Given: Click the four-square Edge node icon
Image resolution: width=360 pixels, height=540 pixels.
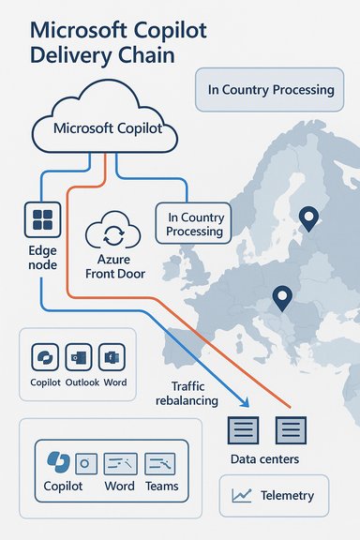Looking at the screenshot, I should point(42,221).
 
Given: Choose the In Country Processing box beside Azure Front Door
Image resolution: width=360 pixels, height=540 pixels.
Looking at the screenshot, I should point(195,224).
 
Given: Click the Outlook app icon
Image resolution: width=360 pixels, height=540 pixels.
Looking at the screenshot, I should point(77,357).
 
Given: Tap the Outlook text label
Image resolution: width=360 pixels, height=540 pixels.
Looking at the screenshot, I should point(81,383).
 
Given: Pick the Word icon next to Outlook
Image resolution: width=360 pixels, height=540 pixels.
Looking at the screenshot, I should point(114,357).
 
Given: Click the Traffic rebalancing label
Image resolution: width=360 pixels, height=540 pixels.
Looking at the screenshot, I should point(195,393).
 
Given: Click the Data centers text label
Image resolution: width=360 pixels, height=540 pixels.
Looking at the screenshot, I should point(265,458).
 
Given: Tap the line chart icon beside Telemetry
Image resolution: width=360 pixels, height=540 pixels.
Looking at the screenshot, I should point(243,494).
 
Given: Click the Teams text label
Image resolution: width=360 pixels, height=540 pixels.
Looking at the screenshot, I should point(160,487).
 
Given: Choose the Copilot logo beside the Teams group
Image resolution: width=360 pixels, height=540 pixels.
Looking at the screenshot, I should point(57,461).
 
